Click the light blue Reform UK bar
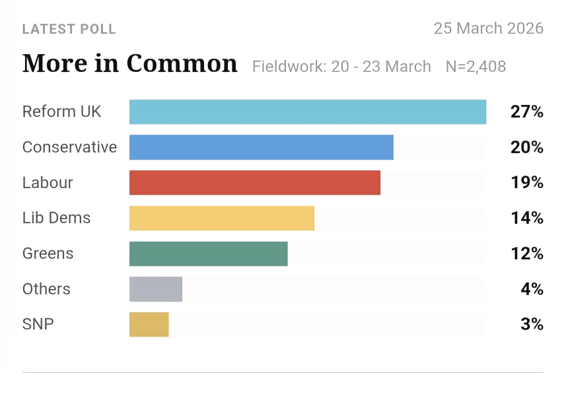click(308, 112)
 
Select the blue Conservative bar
click(262, 147)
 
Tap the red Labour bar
click(255, 183)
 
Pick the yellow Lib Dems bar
click(222, 218)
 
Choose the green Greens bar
click(209, 254)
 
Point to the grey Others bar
click(156, 289)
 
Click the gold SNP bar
click(149, 325)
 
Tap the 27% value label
click(526, 112)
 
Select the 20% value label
click(526, 147)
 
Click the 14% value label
click(526, 218)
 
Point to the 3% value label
click(531, 325)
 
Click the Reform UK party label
click(62, 112)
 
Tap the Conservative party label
click(69, 147)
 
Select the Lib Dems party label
click(56, 218)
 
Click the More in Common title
click(129, 64)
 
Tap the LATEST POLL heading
click(69, 30)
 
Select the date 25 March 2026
click(488, 28)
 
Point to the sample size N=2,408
click(475, 67)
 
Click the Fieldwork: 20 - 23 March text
click(341, 67)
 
